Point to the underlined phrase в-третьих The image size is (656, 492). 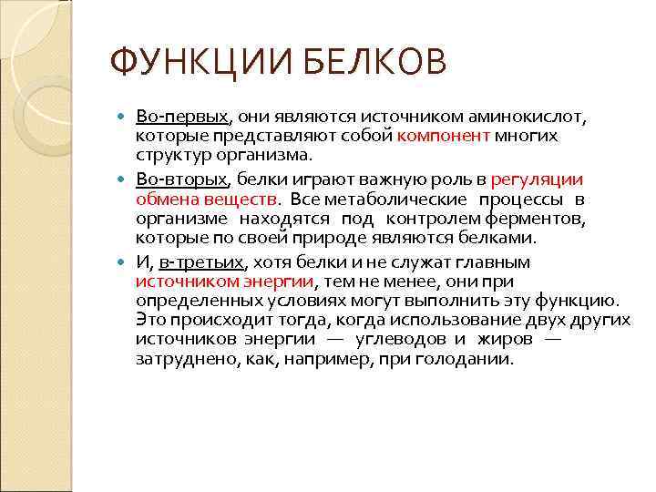pyautogui.click(x=201, y=262)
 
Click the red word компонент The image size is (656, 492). pyautogui.click(x=444, y=136)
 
